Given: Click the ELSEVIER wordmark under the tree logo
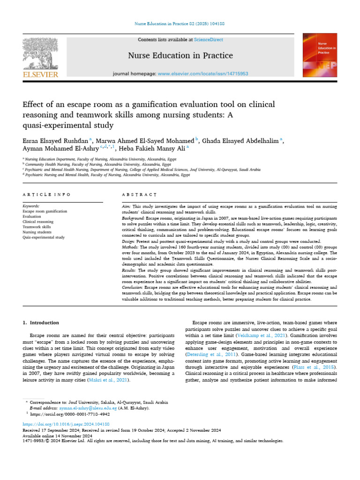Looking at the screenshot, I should point(41,74).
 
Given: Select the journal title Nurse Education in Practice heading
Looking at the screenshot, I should point(180,56).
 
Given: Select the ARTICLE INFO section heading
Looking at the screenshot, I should point(46,194).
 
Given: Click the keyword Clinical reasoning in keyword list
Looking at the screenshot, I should point(38,222).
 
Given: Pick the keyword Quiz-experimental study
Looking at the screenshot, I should point(44,238).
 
